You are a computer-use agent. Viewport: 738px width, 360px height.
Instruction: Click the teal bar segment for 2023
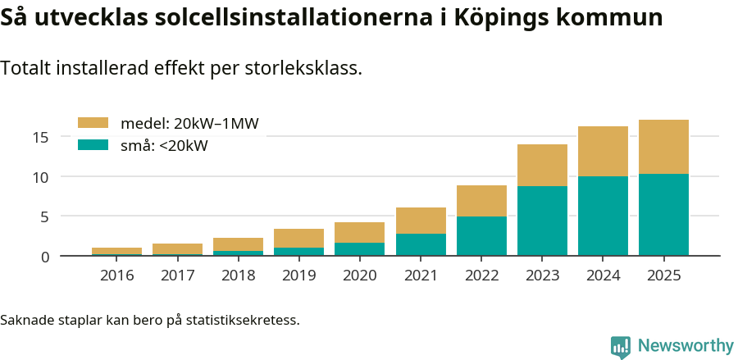coord(542,221)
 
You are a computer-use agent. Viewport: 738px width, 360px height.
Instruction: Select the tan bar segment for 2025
coord(663,147)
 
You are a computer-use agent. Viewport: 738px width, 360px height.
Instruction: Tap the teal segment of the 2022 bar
coord(481,236)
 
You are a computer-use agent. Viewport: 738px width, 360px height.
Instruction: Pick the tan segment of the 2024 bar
coord(603,152)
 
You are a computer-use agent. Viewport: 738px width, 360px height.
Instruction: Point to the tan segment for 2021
coord(421,221)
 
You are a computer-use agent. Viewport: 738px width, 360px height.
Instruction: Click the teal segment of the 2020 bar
coord(360,249)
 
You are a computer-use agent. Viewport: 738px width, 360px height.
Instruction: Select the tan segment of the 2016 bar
coord(116,251)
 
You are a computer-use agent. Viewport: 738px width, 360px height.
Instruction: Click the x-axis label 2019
coord(298,275)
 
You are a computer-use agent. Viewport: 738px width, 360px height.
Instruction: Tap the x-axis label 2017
coord(177,275)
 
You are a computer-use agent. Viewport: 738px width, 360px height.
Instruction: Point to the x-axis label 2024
coord(603,275)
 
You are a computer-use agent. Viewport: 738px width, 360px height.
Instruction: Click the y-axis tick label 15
coord(42,137)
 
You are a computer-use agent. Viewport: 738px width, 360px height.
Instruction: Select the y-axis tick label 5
coord(46,217)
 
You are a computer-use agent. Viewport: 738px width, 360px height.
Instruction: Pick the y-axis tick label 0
coord(46,257)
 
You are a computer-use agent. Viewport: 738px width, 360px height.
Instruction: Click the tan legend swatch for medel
coord(93,123)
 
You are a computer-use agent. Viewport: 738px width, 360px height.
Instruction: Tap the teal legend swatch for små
coord(93,145)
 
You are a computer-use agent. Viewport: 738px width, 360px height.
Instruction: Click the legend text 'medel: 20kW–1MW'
coord(189,124)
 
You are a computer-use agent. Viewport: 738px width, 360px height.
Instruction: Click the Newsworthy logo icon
coord(621,346)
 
